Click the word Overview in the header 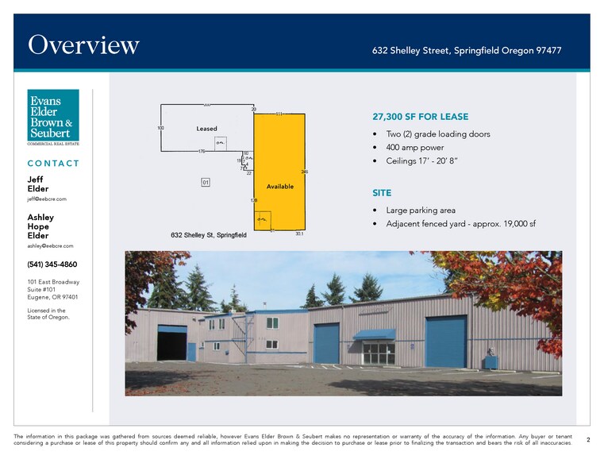click(x=83, y=45)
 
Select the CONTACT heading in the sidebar click(x=53, y=164)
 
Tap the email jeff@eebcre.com click(x=47, y=199)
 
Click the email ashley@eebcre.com click(x=50, y=246)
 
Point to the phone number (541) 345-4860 click(x=52, y=264)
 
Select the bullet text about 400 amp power click(x=416, y=148)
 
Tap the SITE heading click(x=382, y=193)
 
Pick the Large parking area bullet click(x=421, y=210)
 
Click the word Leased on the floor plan click(x=206, y=129)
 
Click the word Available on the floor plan click(x=280, y=187)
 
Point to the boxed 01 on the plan click(x=205, y=183)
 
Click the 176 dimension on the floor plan click(x=202, y=151)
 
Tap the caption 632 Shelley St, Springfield click(x=208, y=235)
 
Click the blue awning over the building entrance click(x=374, y=334)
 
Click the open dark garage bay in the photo click(x=171, y=343)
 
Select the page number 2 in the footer click(x=587, y=439)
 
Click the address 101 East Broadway click(x=53, y=282)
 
